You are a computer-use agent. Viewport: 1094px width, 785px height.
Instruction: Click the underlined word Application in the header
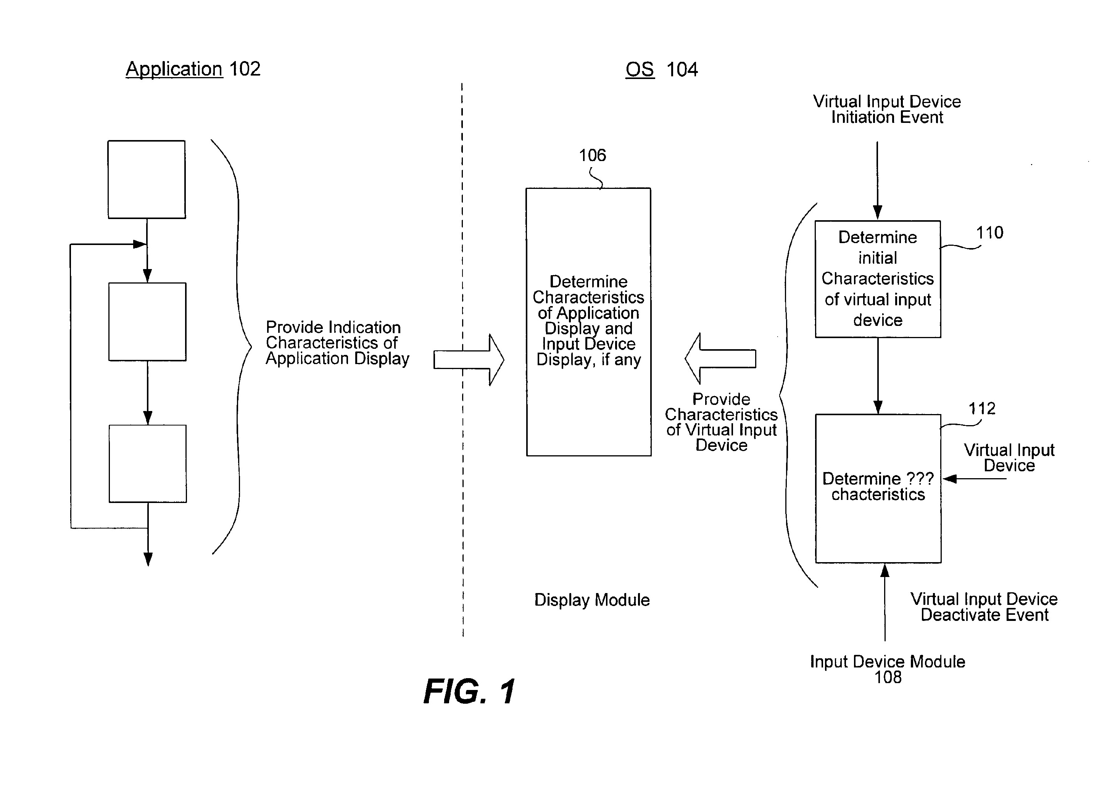point(174,69)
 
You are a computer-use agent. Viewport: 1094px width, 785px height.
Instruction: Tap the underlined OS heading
point(640,69)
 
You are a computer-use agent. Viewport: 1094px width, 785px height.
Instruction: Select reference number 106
point(592,155)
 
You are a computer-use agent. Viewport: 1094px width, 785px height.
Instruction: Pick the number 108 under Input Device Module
point(888,677)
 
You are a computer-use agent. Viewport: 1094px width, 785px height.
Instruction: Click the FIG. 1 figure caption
point(469,692)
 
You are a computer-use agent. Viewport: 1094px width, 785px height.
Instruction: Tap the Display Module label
point(592,600)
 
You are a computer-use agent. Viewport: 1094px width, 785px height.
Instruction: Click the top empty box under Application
point(147,179)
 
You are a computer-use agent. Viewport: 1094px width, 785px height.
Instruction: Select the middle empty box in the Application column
point(147,322)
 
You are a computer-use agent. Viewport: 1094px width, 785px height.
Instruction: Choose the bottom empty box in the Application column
point(148,464)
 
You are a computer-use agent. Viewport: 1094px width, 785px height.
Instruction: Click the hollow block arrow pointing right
point(469,360)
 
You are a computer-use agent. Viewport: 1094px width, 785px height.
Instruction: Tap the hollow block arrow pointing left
point(720,358)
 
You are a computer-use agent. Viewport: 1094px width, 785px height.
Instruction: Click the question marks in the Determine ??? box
point(920,479)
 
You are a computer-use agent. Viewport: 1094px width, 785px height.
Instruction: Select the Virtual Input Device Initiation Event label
point(887,110)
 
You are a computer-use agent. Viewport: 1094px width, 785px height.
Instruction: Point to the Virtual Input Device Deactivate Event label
point(984,607)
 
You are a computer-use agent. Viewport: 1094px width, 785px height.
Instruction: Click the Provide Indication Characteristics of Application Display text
point(338,343)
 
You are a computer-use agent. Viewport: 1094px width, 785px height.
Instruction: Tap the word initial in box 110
point(878,258)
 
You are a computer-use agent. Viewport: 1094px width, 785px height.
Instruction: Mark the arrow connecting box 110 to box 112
point(878,376)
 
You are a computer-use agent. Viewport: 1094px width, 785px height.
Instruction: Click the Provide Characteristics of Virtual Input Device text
point(721,422)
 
